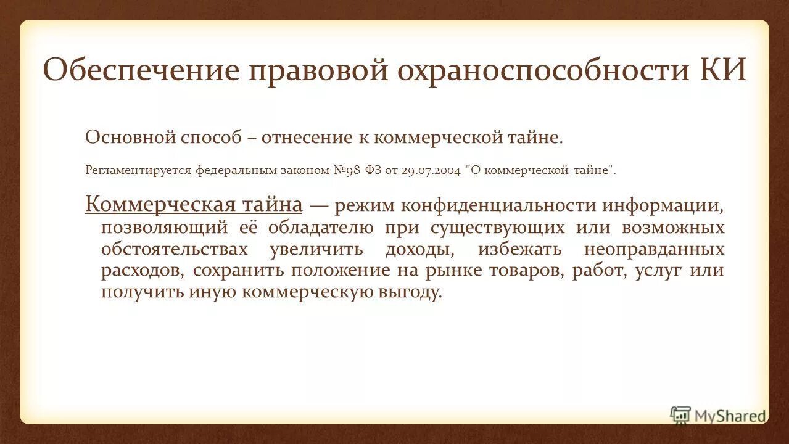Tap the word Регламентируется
(x=138, y=170)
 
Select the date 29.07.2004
(x=431, y=170)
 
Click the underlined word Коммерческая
(x=156, y=205)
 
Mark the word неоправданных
(x=654, y=249)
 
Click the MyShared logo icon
(x=680, y=414)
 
